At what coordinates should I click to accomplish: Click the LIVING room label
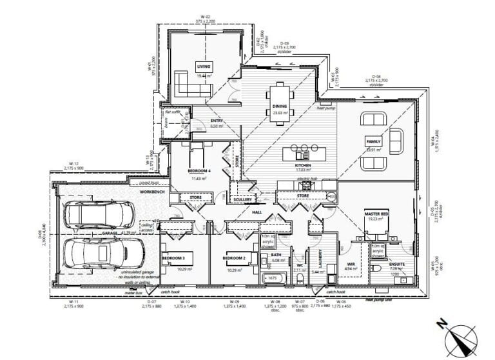(204, 66)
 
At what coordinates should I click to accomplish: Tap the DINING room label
(280, 106)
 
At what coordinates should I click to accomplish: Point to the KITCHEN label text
(303, 165)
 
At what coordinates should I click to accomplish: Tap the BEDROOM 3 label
(173, 258)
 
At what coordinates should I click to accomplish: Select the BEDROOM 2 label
(235, 258)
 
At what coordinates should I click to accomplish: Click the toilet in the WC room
(301, 278)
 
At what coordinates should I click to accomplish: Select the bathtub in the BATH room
(273, 278)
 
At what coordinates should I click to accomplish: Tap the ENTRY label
(216, 121)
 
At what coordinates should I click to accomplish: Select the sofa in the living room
(187, 84)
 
